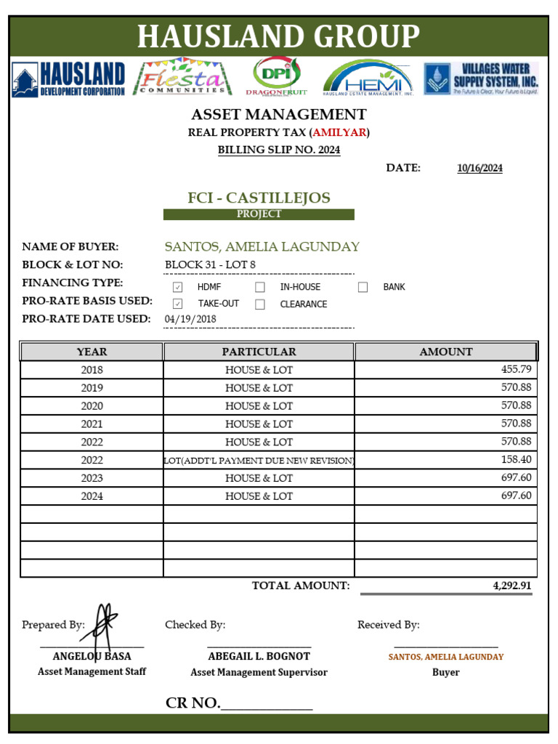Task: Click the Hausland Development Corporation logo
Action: tap(68, 78)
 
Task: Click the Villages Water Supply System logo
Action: tap(481, 78)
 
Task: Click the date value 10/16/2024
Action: tap(480, 169)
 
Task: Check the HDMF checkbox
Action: tap(177, 287)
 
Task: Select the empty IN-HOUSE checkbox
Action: tap(260, 287)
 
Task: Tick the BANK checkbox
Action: tap(363, 287)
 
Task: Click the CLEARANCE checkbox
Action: tap(260, 304)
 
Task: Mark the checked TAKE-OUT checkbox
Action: tap(177, 304)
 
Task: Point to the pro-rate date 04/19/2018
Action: tap(190, 319)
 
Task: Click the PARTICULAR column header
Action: tap(259, 352)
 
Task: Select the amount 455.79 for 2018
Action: tap(516, 370)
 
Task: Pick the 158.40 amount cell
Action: tap(516, 460)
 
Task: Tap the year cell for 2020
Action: tap(92, 406)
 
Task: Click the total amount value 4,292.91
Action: tap(511, 586)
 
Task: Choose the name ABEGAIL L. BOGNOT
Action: tap(259, 656)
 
